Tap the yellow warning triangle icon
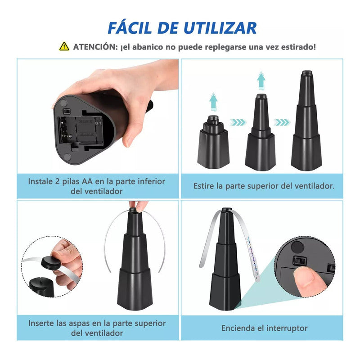(x=64, y=46)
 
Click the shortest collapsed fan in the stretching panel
(x=214, y=144)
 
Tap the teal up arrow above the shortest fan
(x=214, y=102)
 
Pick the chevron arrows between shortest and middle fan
(x=238, y=121)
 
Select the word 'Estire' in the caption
(x=205, y=185)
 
